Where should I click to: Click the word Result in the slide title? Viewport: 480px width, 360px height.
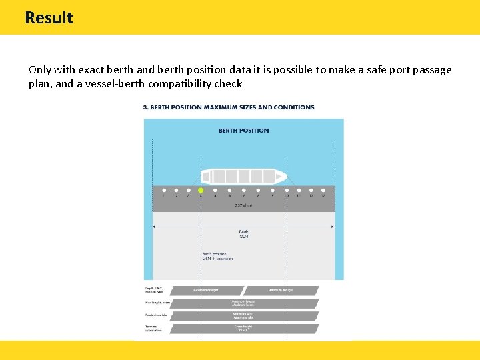pyautogui.click(x=49, y=17)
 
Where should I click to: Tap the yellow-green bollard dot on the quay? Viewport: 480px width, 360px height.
pyautogui.click(x=201, y=190)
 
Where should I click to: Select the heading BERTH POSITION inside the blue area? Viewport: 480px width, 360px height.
pyautogui.click(x=243, y=131)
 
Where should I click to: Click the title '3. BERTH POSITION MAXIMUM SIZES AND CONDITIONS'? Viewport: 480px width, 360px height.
pyautogui.click(x=229, y=107)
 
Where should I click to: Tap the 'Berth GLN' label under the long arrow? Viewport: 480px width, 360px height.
pyautogui.click(x=243, y=233)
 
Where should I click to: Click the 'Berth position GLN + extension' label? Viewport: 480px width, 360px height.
pyautogui.click(x=215, y=256)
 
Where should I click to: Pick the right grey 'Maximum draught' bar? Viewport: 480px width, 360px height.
pyautogui.click(x=281, y=291)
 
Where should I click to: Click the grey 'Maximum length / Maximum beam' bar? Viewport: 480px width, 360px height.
pyautogui.click(x=243, y=303)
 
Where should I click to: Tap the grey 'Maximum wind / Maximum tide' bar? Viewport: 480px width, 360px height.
pyautogui.click(x=243, y=316)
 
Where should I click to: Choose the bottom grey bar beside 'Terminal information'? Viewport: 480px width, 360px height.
pyautogui.click(x=243, y=329)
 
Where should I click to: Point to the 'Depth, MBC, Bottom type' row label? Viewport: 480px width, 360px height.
pyautogui.click(x=155, y=290)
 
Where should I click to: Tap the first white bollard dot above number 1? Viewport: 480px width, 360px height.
pyautogui.click(x=164, y=190)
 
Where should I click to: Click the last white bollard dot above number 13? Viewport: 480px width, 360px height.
pyautogui.click(x=323, y=190)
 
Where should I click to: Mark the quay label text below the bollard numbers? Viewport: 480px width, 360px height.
pyautogui.click(x=243, y=205)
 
